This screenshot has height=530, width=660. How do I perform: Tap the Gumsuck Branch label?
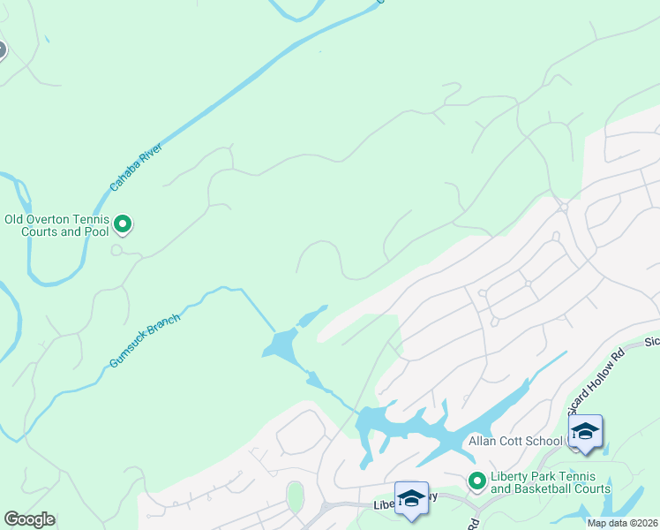coord(145,341)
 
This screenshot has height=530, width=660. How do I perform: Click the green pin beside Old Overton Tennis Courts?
coord(124,225)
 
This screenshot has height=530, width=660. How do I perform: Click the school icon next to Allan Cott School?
coord(584,431)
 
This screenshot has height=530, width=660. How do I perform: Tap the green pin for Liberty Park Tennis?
coord(477,481)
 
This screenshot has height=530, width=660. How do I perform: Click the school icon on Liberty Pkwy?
coord(411,497)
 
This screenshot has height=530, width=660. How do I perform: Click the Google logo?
coord(29,519)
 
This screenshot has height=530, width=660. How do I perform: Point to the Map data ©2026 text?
coord(623,523)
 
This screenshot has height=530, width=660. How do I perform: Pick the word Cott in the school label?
coord(516,441)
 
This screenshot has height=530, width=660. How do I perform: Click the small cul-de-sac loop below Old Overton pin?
coord(116,250)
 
